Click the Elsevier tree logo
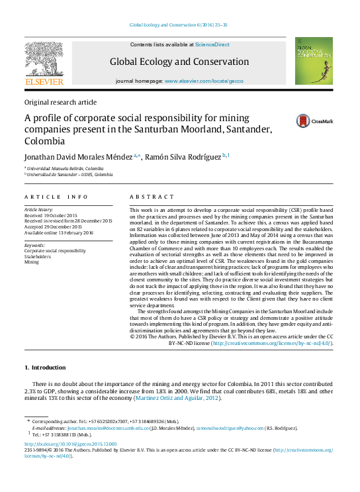[x=44, y=62]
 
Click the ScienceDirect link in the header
[x=212, y=44]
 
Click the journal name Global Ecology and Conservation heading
[x=179, y=62]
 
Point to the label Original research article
[x=60, y=103]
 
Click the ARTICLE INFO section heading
[x=56, y=197]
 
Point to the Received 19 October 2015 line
[x=51, y=215]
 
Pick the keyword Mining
[x=32, y=262]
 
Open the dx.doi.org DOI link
[x=70, y=444]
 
